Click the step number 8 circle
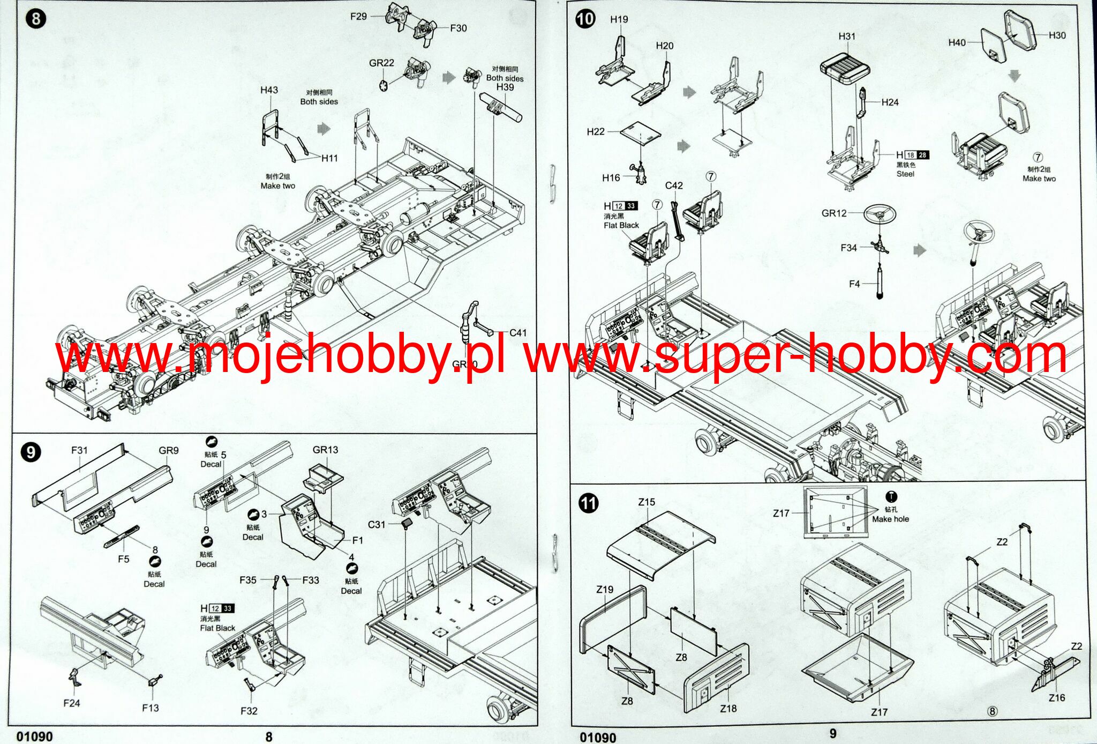[35, 19]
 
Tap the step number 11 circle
[589, 503]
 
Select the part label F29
[358, 16]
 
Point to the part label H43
[269, 90]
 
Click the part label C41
[517, 332]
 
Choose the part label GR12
[834, 213]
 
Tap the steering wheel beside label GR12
[879, 215]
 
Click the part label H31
[847, 36]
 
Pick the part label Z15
[647, 502]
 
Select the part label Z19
[605, 589]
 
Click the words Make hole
[890, 519]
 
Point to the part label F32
[249, 711]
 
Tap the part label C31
[377, 524]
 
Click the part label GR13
[326, 450]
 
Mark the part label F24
[71, 703]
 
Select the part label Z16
[1056, 697]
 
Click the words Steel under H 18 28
[905, 174]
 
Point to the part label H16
[611, 177]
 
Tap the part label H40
[957, 42]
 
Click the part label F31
[79, 450]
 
